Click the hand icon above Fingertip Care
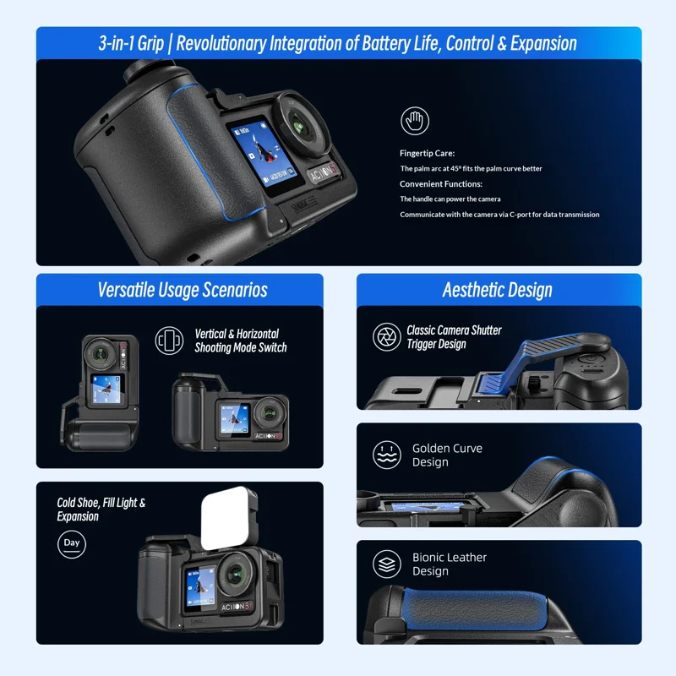(x=415, y=121)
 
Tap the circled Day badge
(x=72, y=543)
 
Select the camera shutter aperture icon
(x=387, y=336)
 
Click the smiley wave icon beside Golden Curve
(x=387, y=455)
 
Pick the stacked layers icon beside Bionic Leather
(x=387, y=564)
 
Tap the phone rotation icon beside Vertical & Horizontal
(x=169, y=341)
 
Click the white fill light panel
(x=229, y=518)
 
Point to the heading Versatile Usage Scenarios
(x=183, y=290)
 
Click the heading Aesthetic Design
(x=497, y=290)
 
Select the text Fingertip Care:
(x=427, y=153)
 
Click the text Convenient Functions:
(x=440, y=184)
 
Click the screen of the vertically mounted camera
(x=106, y=390)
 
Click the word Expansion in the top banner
(x=543, y=44)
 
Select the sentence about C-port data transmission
(x=499, y=215)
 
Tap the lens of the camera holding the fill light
(x=236, y=574)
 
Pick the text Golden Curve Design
(x=447, y=455)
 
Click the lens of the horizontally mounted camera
(x=270, y=413)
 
